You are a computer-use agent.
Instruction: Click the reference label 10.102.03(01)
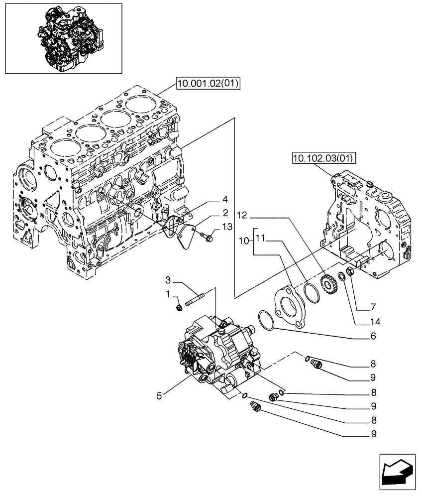coord(322,159)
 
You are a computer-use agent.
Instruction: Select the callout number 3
coord(169,279)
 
